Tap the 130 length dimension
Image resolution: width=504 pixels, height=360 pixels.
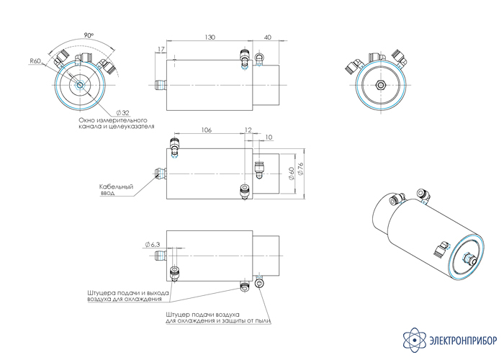point(210,37)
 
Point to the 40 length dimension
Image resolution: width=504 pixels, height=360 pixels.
point(268,37)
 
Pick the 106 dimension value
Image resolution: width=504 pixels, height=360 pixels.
point(207,130)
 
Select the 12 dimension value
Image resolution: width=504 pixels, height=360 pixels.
point(248,130)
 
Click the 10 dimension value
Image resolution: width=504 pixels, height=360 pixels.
point(269,137)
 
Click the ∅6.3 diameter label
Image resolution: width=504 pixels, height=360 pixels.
point(151,244)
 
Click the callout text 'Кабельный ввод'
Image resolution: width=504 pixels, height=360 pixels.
point(116,189)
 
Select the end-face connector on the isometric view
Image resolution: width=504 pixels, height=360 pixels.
point(469,259)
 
